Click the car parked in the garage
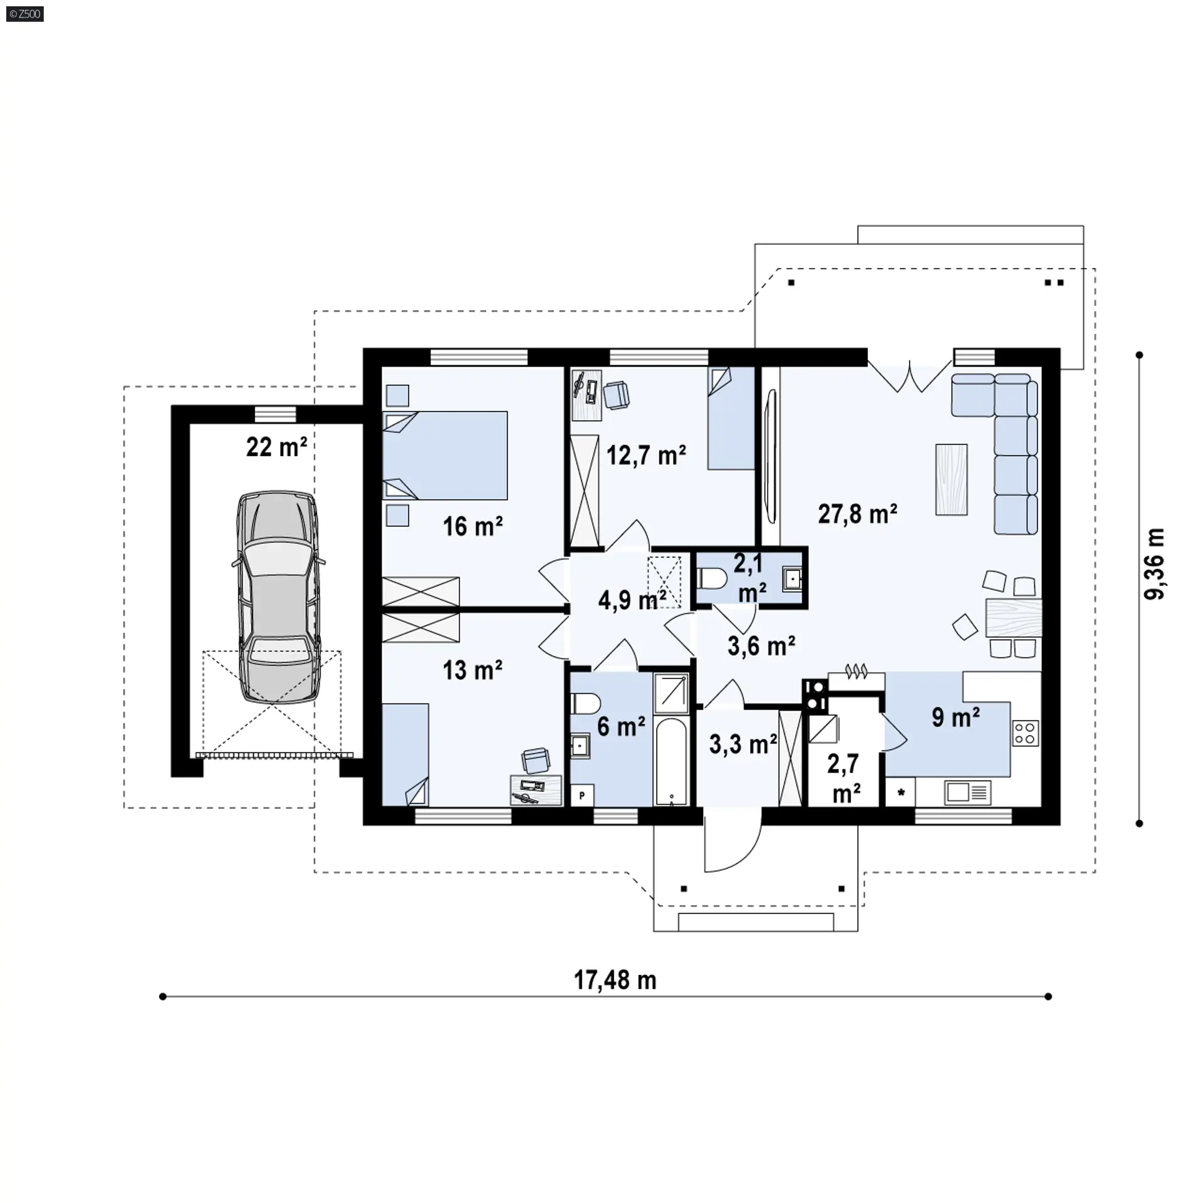tap(278, 597)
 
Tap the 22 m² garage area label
tap(276, 447)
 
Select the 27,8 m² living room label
tap(857, 514)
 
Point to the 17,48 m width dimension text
tap(615, 980)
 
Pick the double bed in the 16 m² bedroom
tap(445, 456)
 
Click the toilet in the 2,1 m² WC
tap(711, 578)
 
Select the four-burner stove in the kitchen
tap(1025, 733)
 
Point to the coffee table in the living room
tap(951, 479)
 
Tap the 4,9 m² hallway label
tap(632, 600)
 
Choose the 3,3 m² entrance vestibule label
tap(743, 744)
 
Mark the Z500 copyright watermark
tap(25, 13)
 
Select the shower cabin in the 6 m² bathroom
tap(671, 693)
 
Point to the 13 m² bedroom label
tap(472, 670)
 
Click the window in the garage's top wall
tap(275, 415)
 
